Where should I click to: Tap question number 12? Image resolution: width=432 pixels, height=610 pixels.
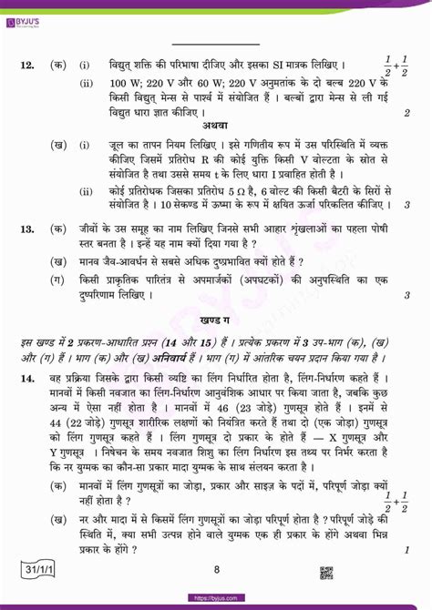tap(25, 64)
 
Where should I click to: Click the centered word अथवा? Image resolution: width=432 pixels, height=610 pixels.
tap(216, 124)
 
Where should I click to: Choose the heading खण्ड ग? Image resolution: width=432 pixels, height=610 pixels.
tap(216, 323)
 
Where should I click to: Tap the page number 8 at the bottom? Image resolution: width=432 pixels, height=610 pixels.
tap(216, 571)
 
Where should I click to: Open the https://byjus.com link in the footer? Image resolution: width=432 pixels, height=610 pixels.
tap(216, 601)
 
